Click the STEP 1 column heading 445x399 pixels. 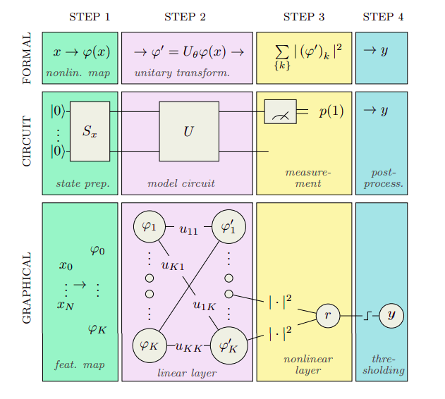[90, 17]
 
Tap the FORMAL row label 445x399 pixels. [27, 59]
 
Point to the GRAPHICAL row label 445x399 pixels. [27, 288]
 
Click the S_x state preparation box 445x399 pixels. [90, 131]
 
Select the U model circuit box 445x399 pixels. [188, 131]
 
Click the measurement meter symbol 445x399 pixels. [280, 111]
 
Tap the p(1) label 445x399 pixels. [331, 111]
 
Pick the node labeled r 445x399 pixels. [327, 317]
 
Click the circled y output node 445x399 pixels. [391, 316]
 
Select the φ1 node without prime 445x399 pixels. [149, 227]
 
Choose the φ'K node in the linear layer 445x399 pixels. [228, 345]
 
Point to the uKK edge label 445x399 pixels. [188, 346]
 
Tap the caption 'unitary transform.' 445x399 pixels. [182, 73]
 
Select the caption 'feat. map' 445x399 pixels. [79, 364]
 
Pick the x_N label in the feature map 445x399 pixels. [65, 305]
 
